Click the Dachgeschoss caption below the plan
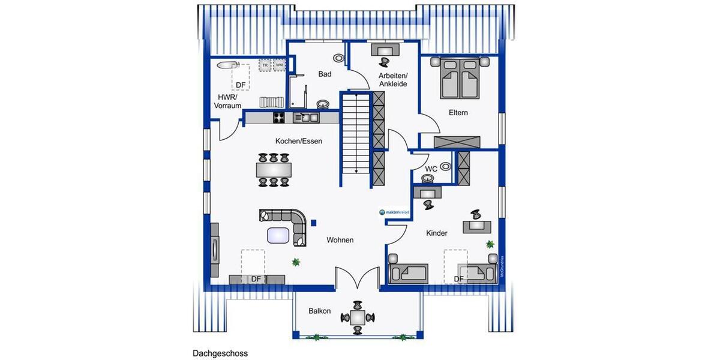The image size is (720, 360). tap(220, 353)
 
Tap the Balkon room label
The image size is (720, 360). tap(320, 311)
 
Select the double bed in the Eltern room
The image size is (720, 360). tap(460, 78)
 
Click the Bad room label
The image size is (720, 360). tap(325, 74)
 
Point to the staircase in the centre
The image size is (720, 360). tap(356, 132)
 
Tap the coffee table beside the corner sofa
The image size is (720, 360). tap(277, 235)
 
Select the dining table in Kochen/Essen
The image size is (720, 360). tap(274, 170)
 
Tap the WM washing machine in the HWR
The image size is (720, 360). tap(279, 65)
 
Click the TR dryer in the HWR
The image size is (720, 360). tap(264, 65)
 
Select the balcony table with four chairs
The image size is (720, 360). tap(358, 317)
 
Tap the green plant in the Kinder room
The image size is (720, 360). tap(490, 244)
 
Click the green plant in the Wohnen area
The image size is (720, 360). tap(295, 261)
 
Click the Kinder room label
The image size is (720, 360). tap(436, 233)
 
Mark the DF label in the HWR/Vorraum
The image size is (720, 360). tap(241, 85)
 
